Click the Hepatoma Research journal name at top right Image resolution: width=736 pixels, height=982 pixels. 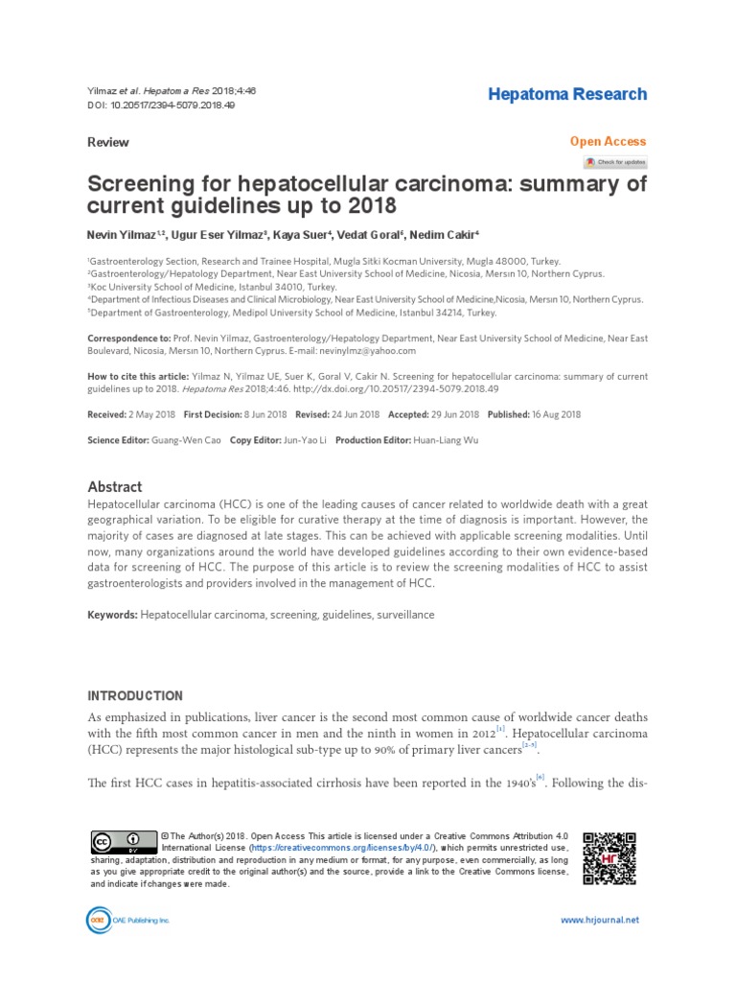click(x=567, y=94)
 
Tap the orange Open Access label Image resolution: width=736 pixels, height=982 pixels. click(x=608, y=141)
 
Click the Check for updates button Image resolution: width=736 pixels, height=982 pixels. click(x=615, y=162)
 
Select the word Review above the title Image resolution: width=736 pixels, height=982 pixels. click(x=107, y=142)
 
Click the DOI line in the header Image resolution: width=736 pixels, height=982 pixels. click(x=161, y=105)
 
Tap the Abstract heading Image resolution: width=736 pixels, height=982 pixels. click(x=114, y=486)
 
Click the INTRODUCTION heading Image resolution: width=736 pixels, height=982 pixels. click(x=135, y=695)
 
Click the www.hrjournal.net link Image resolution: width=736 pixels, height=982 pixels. click(x=599, y=920)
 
